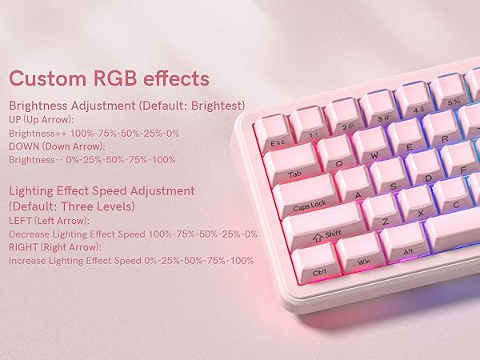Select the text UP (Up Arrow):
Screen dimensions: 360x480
pos(42,119)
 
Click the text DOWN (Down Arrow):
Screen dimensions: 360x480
pos(56,146)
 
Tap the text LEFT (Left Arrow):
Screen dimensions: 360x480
pos(49,220)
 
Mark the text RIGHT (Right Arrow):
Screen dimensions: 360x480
pos(54,247)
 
